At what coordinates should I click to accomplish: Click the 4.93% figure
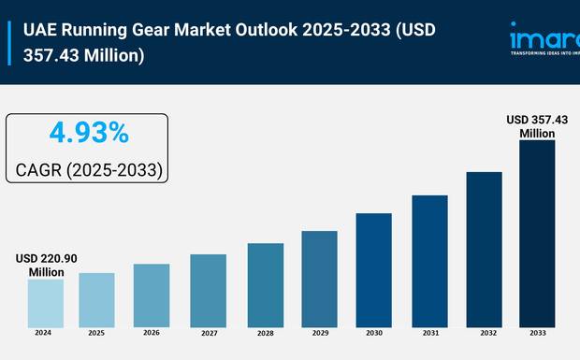click(x=88, y=134)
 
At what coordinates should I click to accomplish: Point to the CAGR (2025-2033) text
click(x=89, y=170)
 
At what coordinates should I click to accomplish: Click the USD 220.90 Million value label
click(x=45, y=265)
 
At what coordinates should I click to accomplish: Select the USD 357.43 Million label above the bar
click(x=537, y=126)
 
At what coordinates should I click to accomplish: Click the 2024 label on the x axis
click(x=44, y=332)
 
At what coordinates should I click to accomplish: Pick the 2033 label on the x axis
click(x=537, y=332)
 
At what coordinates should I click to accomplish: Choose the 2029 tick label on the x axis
click(x=319, y=332)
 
